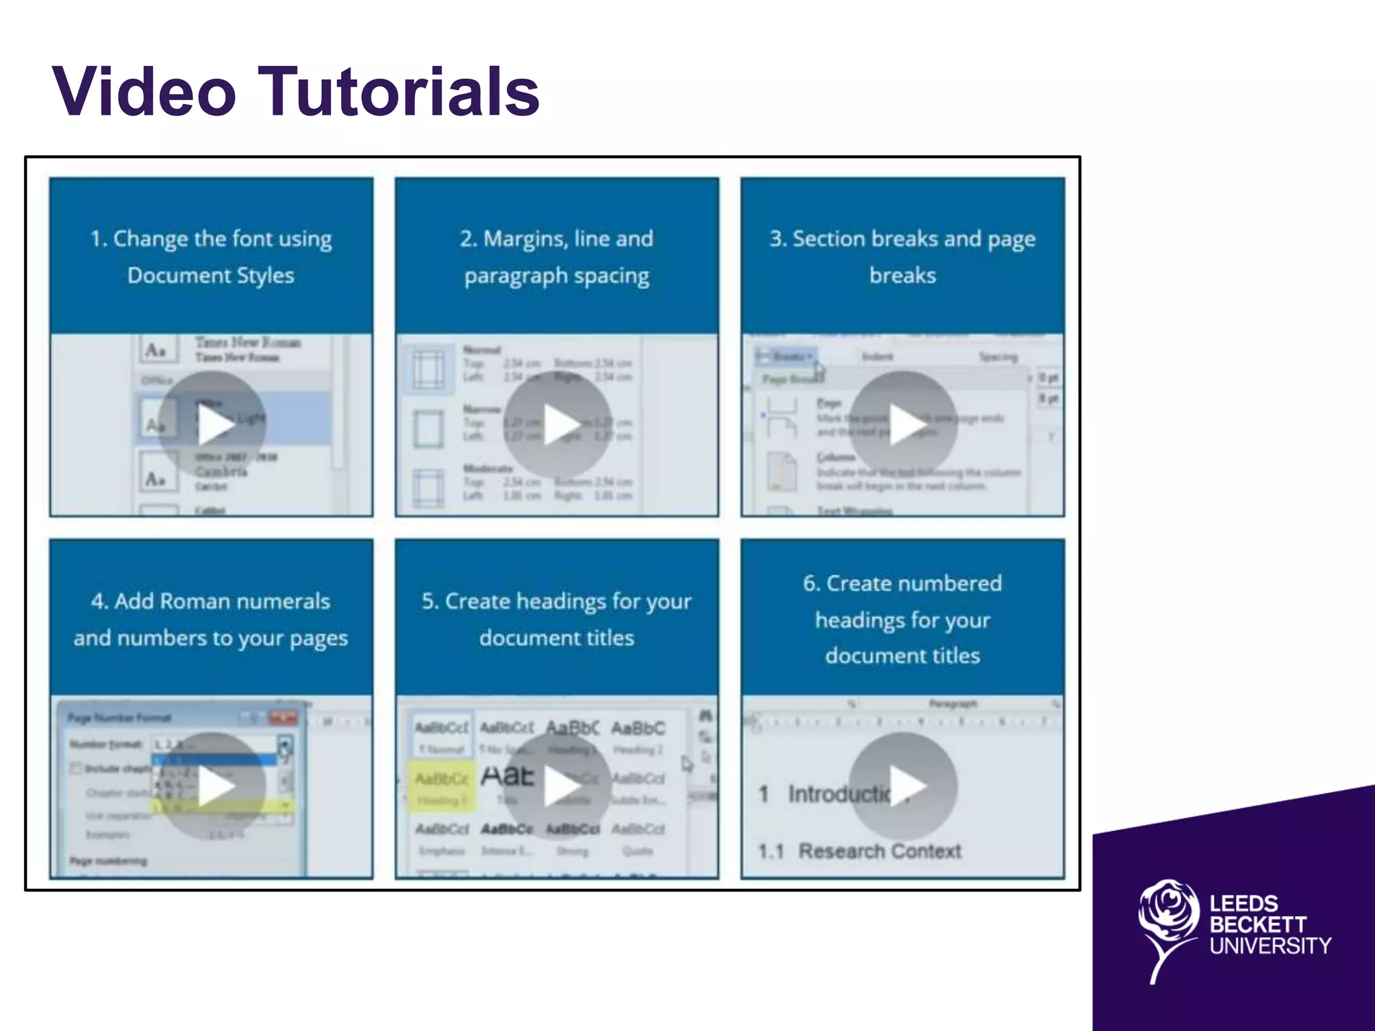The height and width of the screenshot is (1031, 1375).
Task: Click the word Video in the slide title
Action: [x=144, y=92]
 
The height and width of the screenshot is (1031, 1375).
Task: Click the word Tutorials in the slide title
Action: [x=399, y=92]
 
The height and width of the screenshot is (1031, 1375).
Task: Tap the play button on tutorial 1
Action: [x=212, y=425]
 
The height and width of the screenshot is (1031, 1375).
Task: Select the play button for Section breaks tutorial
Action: [x=904, y=425]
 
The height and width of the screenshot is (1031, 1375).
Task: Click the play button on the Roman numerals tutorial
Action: [x=212, y=787]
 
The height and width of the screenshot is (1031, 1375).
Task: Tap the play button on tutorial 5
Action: [x=558, y=787]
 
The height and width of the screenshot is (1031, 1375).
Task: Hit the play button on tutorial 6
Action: [x=904, y=785]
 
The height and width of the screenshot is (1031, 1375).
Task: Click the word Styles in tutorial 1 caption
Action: [x=266, y=275]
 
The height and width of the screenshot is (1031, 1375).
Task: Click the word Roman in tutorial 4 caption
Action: [x=190, y=601]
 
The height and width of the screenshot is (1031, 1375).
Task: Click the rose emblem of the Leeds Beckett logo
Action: [x=1168, y=924]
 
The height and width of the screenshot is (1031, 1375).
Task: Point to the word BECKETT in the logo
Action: [x=1258, y=924]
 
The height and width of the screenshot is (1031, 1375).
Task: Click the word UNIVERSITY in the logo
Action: [x=1270, y=946]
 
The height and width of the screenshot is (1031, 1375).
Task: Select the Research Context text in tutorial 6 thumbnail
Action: [x=880, y=851]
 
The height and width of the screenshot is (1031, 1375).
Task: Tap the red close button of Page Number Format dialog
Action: [x=283, y=718]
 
